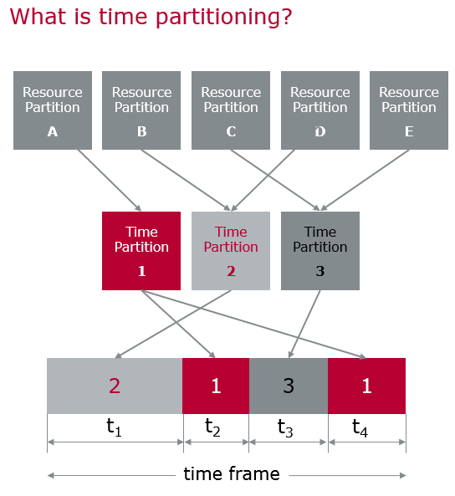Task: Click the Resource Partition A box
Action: [53, 110]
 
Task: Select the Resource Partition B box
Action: [141, 110]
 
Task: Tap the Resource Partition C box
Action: [231, 110]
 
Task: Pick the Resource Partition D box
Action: [320, 110]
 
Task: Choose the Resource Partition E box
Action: [409, 110]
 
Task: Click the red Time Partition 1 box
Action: [141, 251]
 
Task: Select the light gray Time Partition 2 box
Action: [231, 251]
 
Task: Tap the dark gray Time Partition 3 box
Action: [320, 251]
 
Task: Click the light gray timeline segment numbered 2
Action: [115, 386]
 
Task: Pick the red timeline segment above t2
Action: [216, 386]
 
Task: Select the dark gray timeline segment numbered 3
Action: [289, 386]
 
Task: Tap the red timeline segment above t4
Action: [366, 386]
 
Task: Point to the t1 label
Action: [114, 427]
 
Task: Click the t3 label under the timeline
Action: [285, 428]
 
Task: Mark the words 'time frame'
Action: [232, 474]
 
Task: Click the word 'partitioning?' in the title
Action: [223, 17]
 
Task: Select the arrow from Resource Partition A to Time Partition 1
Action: [110, 181]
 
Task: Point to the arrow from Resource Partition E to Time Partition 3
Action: [365, 180]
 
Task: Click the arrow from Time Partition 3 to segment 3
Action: [304, 325]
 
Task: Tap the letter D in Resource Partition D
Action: [320, 131]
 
